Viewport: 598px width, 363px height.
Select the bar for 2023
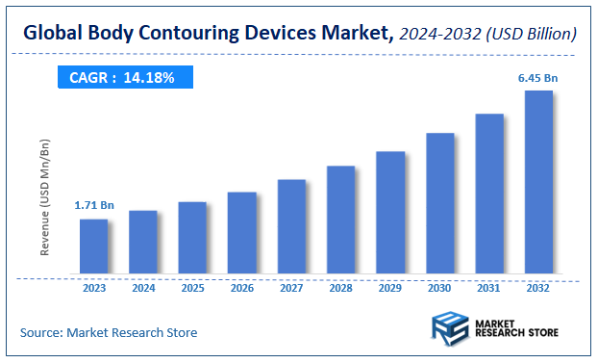coord(93,246)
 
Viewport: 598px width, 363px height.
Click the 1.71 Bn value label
coord(94,205)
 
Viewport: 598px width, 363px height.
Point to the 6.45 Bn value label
coord(538,76)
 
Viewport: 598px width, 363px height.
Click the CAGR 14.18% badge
coord(123,77)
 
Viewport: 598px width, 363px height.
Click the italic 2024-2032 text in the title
coord(440,35)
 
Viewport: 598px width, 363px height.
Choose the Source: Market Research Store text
coord(108,332)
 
